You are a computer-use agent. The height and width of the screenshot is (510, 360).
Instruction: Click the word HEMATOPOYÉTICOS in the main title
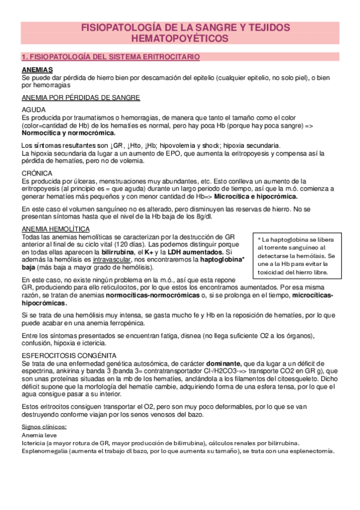tap(180, 38)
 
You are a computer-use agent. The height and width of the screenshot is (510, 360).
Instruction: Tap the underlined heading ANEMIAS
tap(37, 70)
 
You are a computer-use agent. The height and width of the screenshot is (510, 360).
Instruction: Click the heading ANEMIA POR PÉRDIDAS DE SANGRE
tap(81, 97)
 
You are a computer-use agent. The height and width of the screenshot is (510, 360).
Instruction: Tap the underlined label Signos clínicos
tap(44, 426)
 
